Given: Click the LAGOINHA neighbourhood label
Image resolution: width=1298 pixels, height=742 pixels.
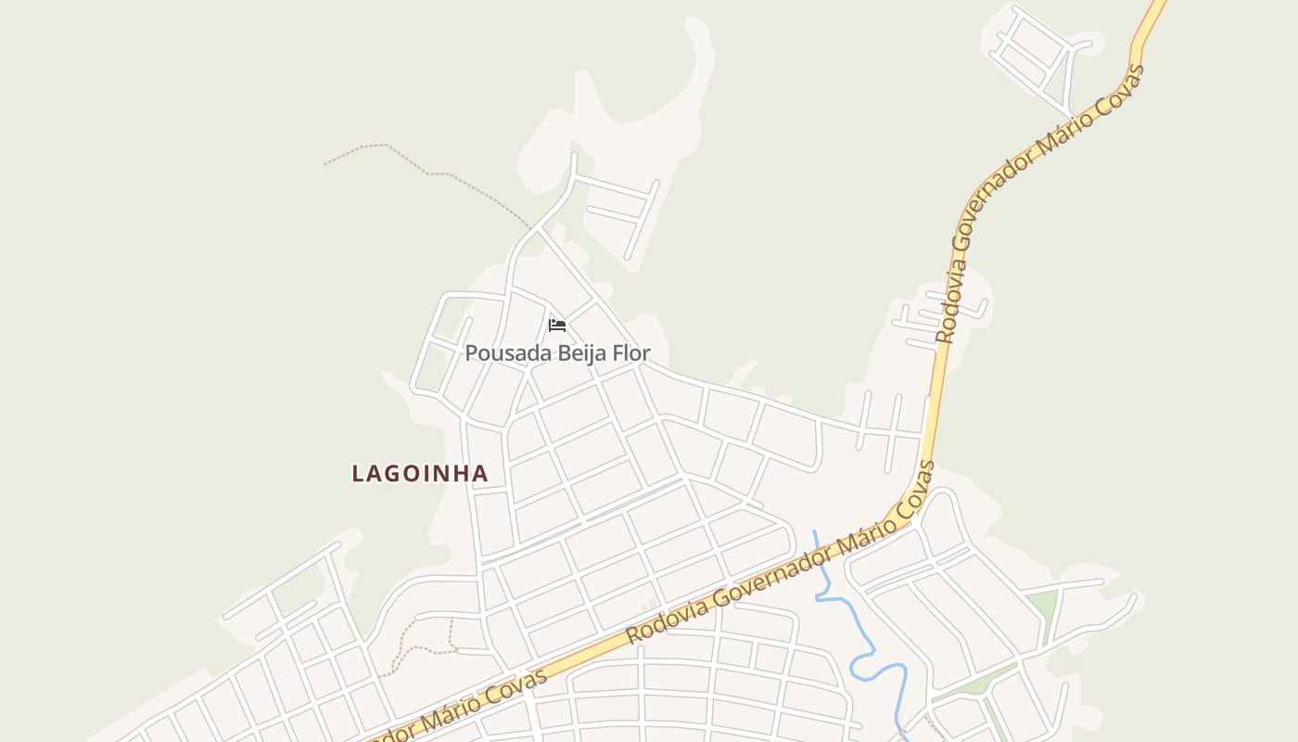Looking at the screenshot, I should click(420, 473).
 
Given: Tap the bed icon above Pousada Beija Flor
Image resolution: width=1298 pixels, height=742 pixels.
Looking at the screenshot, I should click(557, 326).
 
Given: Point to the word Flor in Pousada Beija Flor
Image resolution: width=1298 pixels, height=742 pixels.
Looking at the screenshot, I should click(631, 353).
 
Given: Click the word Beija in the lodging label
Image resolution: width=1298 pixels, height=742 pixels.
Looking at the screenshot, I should click(579, 353).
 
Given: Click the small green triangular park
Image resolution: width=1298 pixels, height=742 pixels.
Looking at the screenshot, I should click(1044, 608).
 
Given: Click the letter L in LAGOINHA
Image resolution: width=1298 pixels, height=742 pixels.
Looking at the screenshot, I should click(358, 474).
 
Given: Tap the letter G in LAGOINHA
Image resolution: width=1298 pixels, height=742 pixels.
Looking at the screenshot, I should click(397, 474).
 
